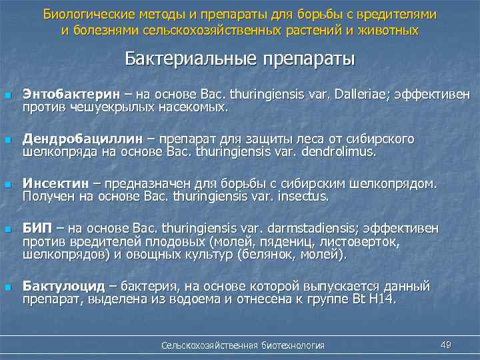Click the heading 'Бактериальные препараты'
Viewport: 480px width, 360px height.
[239, 59]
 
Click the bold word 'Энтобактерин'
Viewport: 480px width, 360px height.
[64, 95]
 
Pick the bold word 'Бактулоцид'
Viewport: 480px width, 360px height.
[64, 287]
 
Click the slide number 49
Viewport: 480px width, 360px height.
[447, 344]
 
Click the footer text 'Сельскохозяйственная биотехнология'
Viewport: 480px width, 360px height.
[243, 345]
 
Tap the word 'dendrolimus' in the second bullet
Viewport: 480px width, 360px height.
[341, 151]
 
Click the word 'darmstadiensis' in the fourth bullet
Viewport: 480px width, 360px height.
[281, 229]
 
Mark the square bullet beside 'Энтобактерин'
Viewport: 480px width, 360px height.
[7, 96]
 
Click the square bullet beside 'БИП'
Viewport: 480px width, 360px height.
[7, 229]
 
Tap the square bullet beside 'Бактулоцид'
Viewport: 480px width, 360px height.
[7, 287]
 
